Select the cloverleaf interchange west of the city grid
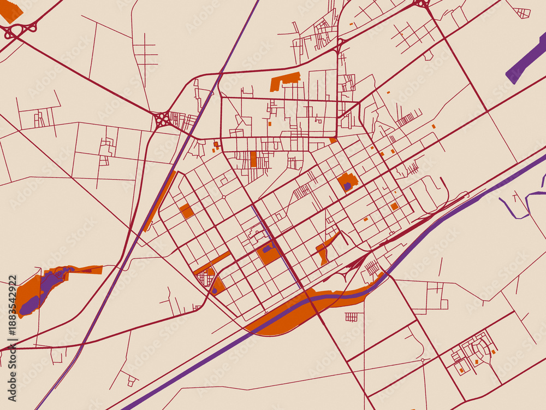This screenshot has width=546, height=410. (163, 120)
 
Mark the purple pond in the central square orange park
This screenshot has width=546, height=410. (266, 249)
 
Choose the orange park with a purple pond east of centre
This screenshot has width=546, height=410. (347, 182)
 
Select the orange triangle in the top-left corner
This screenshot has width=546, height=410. (11, 11)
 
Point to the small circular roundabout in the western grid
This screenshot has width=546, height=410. (223, 197)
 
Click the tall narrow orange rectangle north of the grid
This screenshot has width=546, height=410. (253, 159)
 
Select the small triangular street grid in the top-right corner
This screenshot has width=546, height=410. (523, 12)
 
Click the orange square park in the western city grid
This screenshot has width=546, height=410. (186, 210)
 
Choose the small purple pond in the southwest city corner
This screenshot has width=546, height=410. (215, 290)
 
